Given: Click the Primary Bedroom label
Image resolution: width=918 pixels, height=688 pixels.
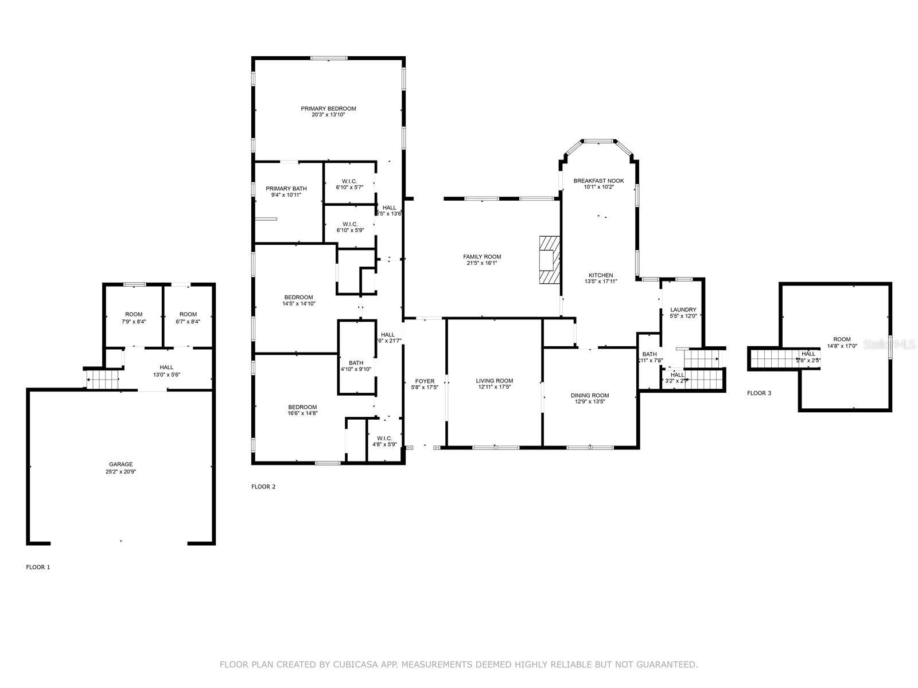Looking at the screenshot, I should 328,108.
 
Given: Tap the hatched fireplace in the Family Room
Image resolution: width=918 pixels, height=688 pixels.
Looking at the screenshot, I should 549,260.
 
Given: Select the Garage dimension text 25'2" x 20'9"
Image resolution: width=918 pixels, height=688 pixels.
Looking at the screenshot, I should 120,472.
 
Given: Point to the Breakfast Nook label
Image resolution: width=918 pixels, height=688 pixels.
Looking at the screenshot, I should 598,181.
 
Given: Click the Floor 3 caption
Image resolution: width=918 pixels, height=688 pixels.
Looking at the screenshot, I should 758,393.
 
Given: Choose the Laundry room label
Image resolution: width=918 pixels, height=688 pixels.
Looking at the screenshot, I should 683,310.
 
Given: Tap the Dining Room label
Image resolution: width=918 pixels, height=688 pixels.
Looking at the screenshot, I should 589,395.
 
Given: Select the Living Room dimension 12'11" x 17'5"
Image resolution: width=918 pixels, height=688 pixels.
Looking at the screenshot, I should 494,387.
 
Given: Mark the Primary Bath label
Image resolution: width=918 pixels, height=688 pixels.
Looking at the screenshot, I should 286,189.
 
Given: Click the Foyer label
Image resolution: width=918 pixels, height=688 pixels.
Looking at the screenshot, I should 425,381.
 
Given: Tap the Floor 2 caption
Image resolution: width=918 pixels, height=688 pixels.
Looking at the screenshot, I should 263,487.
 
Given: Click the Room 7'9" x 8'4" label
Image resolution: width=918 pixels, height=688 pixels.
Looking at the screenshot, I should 134,314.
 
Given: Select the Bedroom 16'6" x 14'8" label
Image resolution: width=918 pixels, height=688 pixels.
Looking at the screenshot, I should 302,407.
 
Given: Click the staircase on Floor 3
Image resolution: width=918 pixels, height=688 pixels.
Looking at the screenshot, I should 772,359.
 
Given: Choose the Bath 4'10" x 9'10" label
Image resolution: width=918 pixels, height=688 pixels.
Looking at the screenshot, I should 356,362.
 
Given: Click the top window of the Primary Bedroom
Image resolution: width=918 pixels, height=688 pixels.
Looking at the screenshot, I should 329,58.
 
